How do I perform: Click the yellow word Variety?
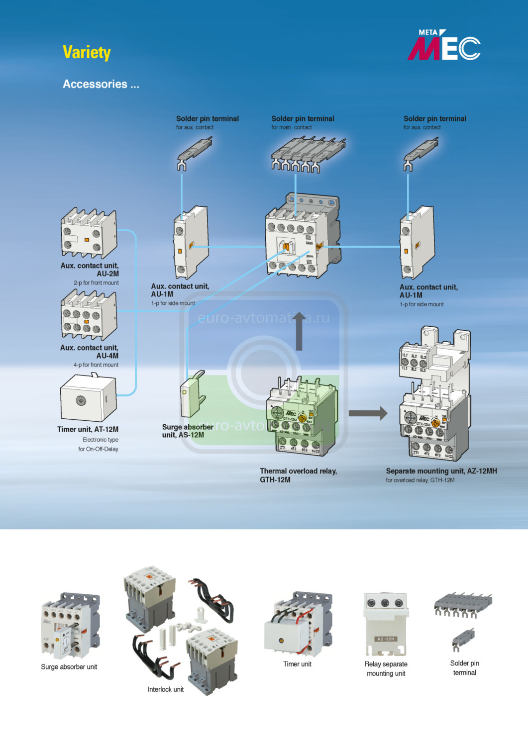87,52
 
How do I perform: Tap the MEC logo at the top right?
444,46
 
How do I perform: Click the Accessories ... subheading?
101,84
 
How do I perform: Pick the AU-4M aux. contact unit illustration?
89,315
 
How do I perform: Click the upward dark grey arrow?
299,332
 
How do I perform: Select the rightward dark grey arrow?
368,413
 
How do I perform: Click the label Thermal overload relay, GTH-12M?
298,475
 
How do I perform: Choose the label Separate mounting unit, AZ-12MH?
441,471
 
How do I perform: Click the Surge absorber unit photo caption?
69,667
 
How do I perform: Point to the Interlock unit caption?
166,689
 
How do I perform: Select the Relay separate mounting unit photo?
386,624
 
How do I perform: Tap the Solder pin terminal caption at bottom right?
464,668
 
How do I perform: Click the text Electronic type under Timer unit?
101,440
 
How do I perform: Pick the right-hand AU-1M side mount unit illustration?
417,243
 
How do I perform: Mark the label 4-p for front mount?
96,365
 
